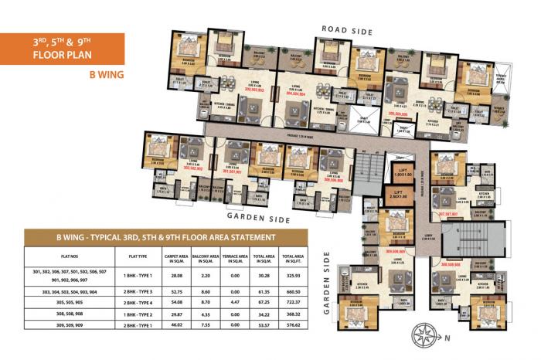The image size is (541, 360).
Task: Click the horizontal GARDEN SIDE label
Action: (x=259, y=219)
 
